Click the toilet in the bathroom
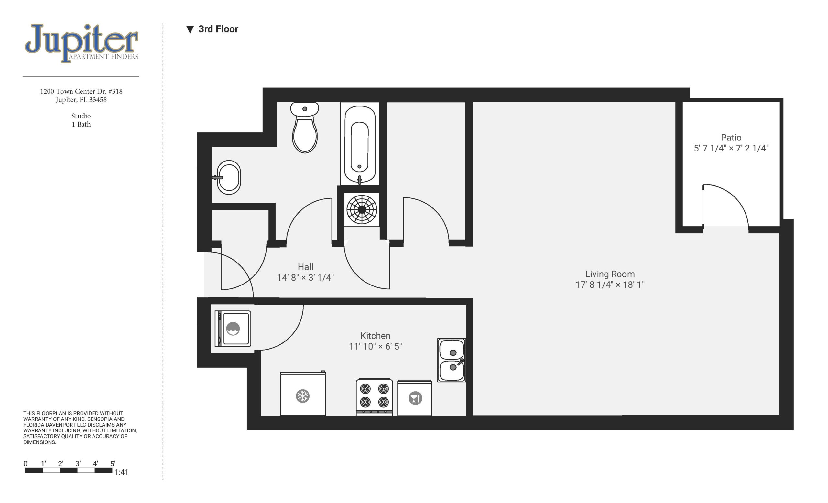coord(304,128)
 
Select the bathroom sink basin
coord(228,177)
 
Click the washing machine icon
coord(233,329)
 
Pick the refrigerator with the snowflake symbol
coord(303,393)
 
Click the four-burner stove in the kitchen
coord(374,397)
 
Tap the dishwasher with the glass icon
coord(415,398)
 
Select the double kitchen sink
coord(452,360)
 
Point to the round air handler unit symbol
coord(362,209)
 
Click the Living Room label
coord(610,274)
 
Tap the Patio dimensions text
coord(731,148)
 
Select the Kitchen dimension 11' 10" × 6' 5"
coord(376,346)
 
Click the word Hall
coord(305,267)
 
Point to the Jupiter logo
coord(81,43)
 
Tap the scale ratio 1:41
coord(121,472)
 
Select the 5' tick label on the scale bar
coord(113,464)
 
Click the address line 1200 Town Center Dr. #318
coord(81,91)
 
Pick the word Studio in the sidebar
coord(81,116)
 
